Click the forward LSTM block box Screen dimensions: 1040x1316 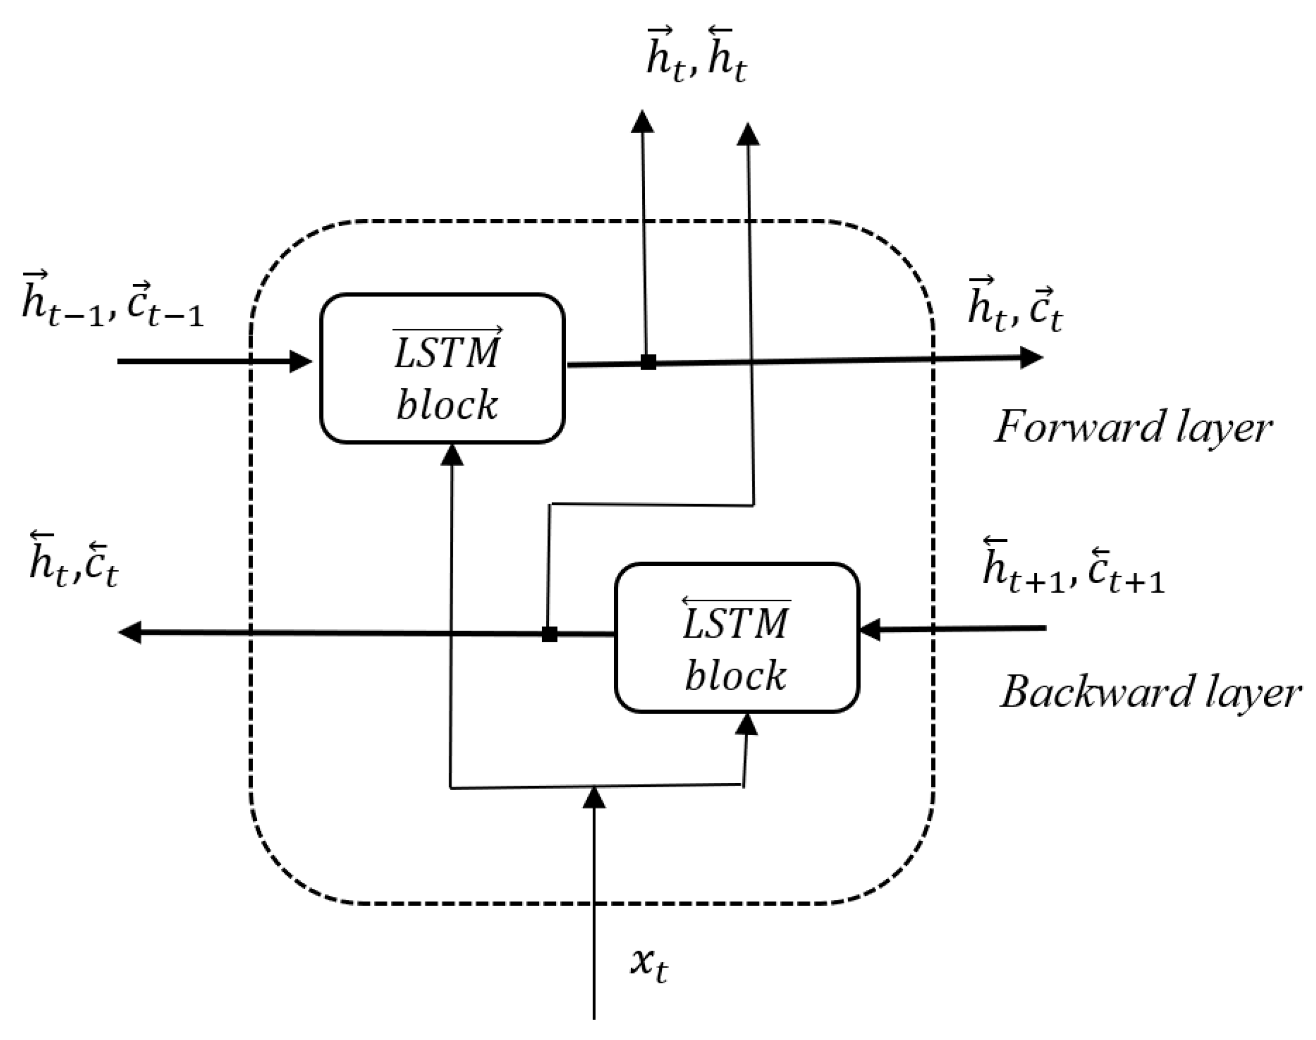coord(442,368)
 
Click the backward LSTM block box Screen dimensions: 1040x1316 coord(736,638)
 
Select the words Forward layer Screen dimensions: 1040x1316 coord(1133,428)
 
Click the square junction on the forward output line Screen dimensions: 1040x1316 coord(648,361)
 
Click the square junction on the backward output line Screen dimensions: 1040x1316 coord(549,634)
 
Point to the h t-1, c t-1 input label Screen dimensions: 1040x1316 coord(113,302)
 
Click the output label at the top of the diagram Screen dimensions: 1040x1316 coord(697,56)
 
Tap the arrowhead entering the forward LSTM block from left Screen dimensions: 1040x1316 coord(300,361)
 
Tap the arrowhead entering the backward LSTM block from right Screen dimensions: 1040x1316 coord(871,629)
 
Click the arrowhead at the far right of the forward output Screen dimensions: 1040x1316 coord(1031,357)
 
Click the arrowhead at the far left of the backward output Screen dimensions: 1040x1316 coord(130,632)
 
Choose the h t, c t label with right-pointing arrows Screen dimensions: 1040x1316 coord(1015,305)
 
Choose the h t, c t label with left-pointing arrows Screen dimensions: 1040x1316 coord(74,561)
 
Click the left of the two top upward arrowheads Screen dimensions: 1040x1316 coord(642,121)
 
